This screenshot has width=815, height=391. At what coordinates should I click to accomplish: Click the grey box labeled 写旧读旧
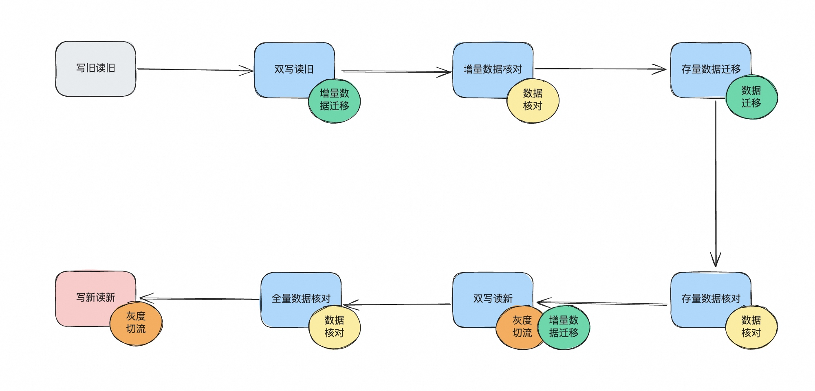(95, 69)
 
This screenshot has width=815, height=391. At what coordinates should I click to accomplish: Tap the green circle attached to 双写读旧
(334, 100)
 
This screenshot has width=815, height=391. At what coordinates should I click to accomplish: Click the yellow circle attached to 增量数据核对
(533, 100)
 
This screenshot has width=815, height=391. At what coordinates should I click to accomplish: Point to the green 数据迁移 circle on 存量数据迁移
(751, 97)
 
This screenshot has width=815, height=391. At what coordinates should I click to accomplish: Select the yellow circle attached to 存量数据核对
(751, 327)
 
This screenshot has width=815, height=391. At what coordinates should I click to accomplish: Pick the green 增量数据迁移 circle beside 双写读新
(564, 327)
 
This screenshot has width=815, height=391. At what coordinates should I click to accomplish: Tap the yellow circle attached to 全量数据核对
(334, 327)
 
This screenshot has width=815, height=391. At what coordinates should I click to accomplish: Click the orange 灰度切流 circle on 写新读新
(136, 323)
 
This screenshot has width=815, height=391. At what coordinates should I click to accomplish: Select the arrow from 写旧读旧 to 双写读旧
(196, 70)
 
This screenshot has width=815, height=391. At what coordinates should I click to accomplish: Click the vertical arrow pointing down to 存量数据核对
(716, 184)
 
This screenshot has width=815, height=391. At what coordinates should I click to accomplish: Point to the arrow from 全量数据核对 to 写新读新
(200, 298)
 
